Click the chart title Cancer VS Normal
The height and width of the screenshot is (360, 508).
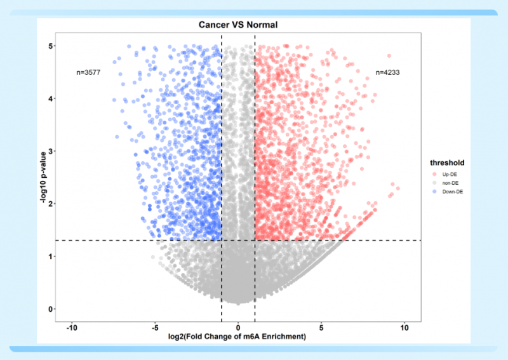coord(238,25)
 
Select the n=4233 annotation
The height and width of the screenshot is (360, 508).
coord(387,72)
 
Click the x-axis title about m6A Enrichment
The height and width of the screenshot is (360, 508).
coord(238,336)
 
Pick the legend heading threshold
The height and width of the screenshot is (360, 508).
coord(448,162)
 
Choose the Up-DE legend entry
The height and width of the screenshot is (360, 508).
coord(450,173)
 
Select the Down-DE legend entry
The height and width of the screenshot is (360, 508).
coord(452,191)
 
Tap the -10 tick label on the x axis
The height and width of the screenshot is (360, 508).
coord(72,328)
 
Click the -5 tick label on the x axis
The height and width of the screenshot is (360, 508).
coord(155,328)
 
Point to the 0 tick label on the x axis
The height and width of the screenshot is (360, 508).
coord(238,328)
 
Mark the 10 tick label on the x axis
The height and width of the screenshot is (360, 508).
coord(404,328)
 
